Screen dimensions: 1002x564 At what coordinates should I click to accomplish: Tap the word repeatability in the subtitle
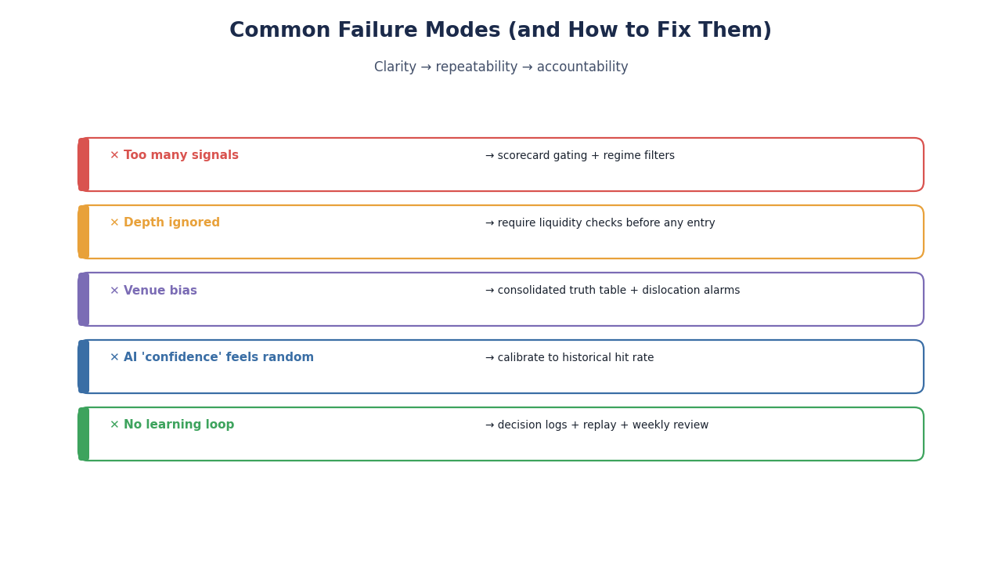(x=477, y=67)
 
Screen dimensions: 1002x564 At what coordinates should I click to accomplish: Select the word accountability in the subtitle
(x=582, y=67)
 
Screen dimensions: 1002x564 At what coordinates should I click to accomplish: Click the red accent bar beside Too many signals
(x=84, y=164)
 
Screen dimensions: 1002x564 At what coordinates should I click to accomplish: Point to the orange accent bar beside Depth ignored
(x=84, y=232)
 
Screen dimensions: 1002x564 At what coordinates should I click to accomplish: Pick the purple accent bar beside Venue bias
(x=84, y=299)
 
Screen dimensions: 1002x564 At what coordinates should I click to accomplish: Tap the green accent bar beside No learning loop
(x=84, y=434)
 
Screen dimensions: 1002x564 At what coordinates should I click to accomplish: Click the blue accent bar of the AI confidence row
(x=84, y=367)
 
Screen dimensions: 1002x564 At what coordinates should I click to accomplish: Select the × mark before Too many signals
(x=114, y=155)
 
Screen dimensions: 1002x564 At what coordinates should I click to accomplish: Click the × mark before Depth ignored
(x=114, y=222)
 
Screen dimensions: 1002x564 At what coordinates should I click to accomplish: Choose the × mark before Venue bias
(x=114, y=291)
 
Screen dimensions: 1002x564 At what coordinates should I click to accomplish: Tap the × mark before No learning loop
(x=114, y=425)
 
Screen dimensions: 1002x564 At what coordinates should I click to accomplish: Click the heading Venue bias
(x=160, y=291)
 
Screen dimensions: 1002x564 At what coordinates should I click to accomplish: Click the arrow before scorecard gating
(x=490, y=155)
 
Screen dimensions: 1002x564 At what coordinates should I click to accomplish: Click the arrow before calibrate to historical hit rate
(x=490, y=358)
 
